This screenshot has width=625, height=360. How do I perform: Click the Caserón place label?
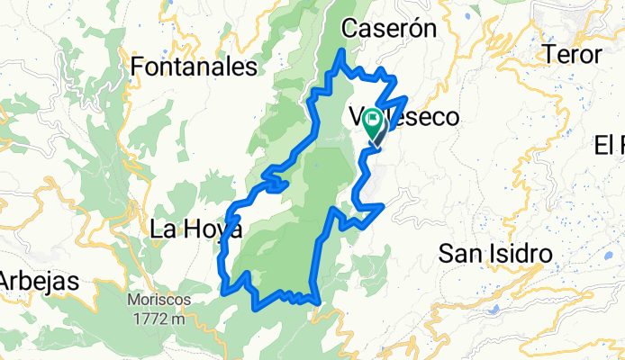click(388, 29)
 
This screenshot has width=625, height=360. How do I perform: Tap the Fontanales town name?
click(194, 67)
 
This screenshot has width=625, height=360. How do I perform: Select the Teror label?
click(573, 54)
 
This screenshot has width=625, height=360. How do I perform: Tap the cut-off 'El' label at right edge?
click(609, 144)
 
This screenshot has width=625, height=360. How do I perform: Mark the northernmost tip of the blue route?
click(341, 52)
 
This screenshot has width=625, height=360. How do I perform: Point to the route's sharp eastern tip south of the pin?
click(384, 206)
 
